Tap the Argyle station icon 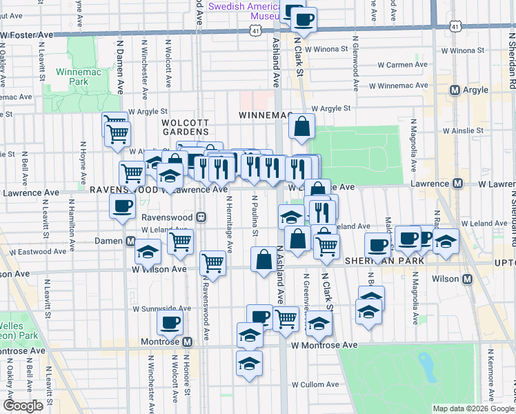coord(455,90)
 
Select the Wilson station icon coord(467,279)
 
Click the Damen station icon coord(130,241)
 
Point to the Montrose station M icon coord(188,342)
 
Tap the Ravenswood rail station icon coord(201,217)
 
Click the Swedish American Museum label coord(245,10)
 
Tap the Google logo coord(23,405)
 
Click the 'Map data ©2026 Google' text coord(473,408)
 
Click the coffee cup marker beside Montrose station coord(169,322)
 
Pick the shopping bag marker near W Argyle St coord(302,127)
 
